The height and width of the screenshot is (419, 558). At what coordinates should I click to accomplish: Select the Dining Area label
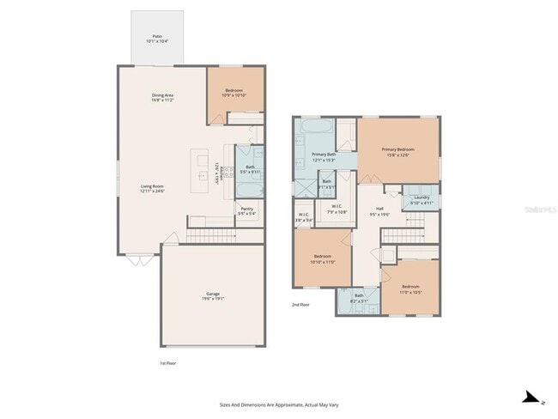pyautogui.click(x=162, y=98)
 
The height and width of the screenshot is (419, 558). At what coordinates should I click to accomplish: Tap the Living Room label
pyautogui.click(x=153, y=188)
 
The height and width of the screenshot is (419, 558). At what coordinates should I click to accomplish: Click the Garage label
pyautogui.click(x=212, y=296)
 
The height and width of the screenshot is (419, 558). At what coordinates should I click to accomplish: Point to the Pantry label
pyautogui.click(x=246, y=210)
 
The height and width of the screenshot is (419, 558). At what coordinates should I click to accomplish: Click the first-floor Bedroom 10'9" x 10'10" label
pyautogui.click(x=234, y=93)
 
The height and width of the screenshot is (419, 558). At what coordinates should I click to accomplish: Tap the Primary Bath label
pyautogui.click(x=324, y=156)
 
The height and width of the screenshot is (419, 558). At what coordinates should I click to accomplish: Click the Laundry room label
pyautogui.click(x=421, y=199)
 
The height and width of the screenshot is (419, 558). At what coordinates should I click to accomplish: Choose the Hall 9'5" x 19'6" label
pyautogui.click(x=379, y=210)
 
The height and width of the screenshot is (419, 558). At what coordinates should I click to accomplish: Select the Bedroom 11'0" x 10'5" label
pyautogui.click(x=410, y=288)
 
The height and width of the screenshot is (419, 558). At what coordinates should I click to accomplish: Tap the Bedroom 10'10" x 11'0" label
pyautogui.click(x=323, y=258)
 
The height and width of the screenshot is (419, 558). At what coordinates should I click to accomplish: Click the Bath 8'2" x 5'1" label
pyautogui.click(x=359, y=297)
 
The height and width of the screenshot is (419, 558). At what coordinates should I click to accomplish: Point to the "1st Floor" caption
pyautogui.click(x=167, y=363)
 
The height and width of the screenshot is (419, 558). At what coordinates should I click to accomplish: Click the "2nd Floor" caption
pyautogui.click(x=300, y=304)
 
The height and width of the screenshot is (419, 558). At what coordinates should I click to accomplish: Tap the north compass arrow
pyautogui.click(x=532, y=397)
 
